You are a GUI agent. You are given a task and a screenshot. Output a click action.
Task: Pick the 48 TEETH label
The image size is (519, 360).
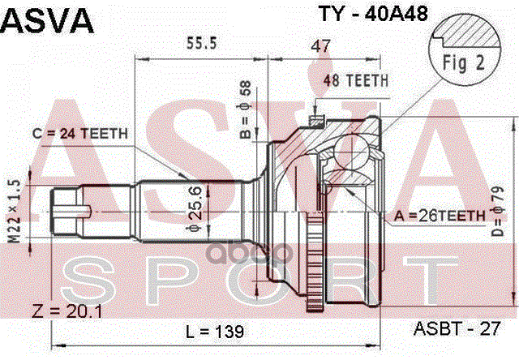[x=355, y=80]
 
